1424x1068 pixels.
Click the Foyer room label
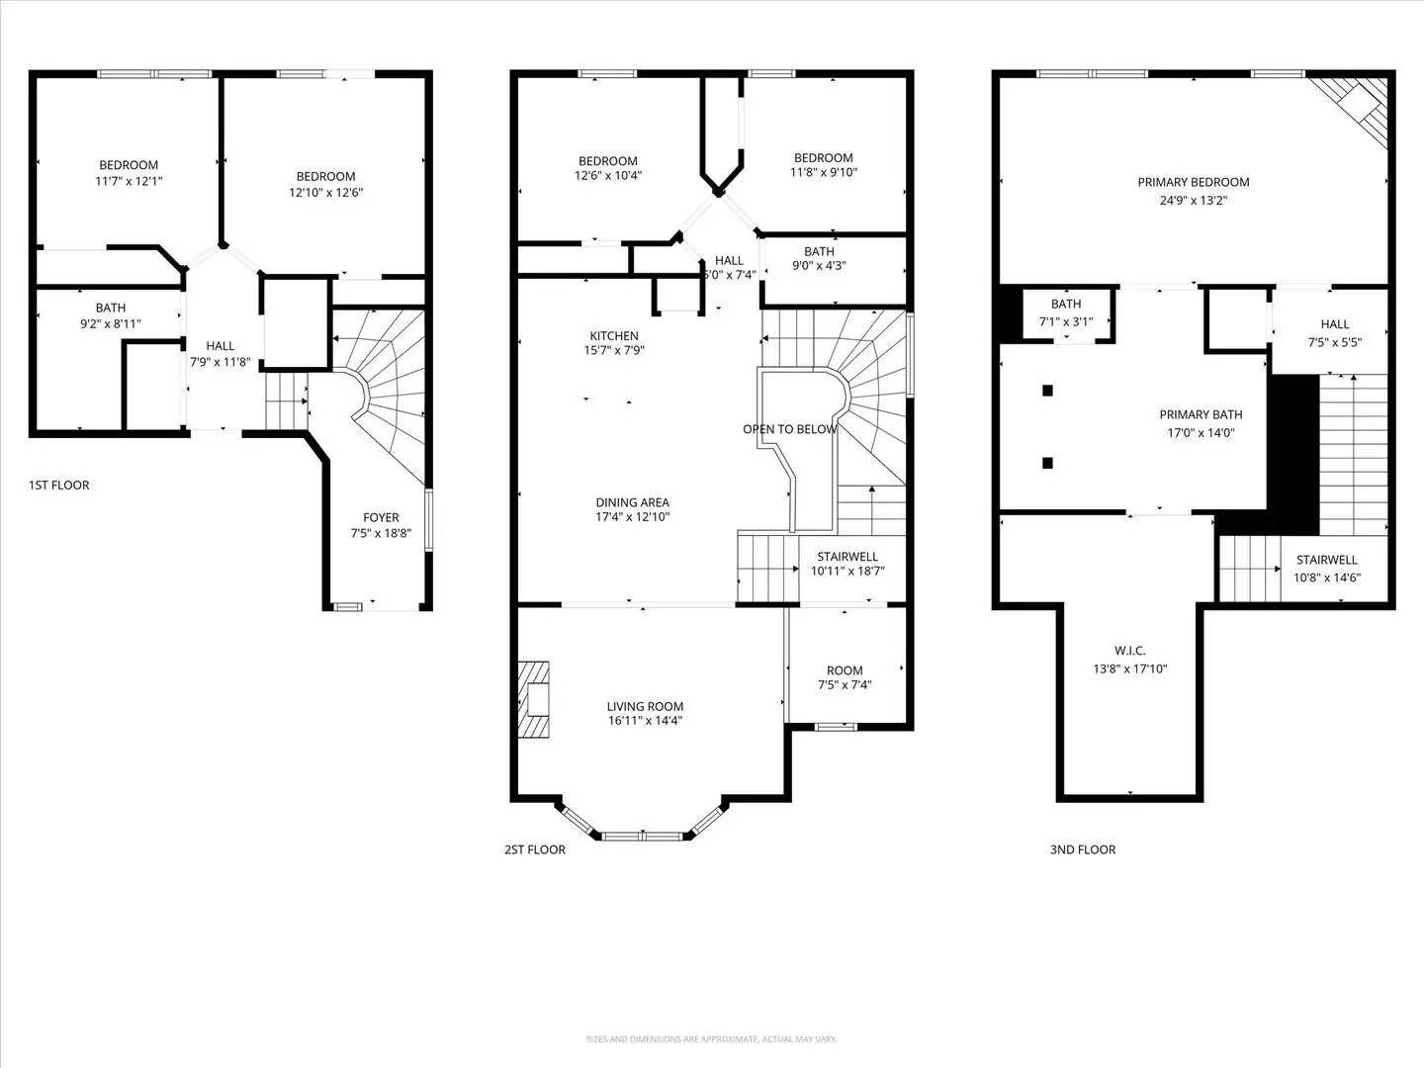(381, 518)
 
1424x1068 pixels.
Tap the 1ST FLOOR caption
(59, 485)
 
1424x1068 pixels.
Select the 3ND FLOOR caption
(1082, 849)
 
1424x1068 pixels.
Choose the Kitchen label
(614, 336)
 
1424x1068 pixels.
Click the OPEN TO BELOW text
(789, 429)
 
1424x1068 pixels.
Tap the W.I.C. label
(1129, 651)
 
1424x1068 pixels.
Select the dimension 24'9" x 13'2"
(1193, 200)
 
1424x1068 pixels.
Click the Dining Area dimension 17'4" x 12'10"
(632, 516)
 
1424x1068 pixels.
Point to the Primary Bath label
(1201, 415)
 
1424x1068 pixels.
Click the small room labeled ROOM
(845, 670)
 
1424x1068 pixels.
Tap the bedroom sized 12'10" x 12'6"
(325, 185)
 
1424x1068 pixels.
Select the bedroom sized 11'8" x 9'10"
(823, 165)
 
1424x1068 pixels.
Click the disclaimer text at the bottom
(711, 1039)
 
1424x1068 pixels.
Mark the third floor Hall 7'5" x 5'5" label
(1334, 332)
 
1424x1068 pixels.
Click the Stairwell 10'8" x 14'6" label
(1326, 569)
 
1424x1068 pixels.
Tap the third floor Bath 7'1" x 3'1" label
(1065, 312)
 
